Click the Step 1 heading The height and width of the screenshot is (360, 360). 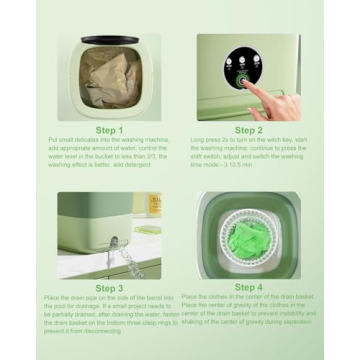click(x=109, y=130)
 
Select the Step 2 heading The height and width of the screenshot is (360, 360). click(x=248, y=130)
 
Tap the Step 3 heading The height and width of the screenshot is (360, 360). click(x=109, y=287)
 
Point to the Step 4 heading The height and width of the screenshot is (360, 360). click(x=248, y=287)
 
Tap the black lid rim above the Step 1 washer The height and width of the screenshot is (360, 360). click(x=108, y=40)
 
